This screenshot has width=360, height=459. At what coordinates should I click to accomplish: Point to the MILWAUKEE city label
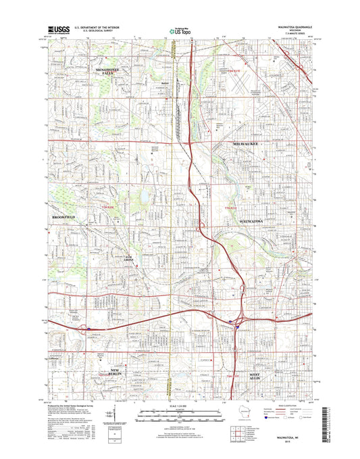coord(233,143)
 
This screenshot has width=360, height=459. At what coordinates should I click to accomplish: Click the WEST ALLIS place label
coord(260,376)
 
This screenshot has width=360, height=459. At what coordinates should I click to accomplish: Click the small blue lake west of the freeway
coord(143,198)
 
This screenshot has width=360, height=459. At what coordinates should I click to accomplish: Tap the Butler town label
coord(164,84)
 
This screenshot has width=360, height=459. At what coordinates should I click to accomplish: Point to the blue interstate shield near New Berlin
coord(89,329)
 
